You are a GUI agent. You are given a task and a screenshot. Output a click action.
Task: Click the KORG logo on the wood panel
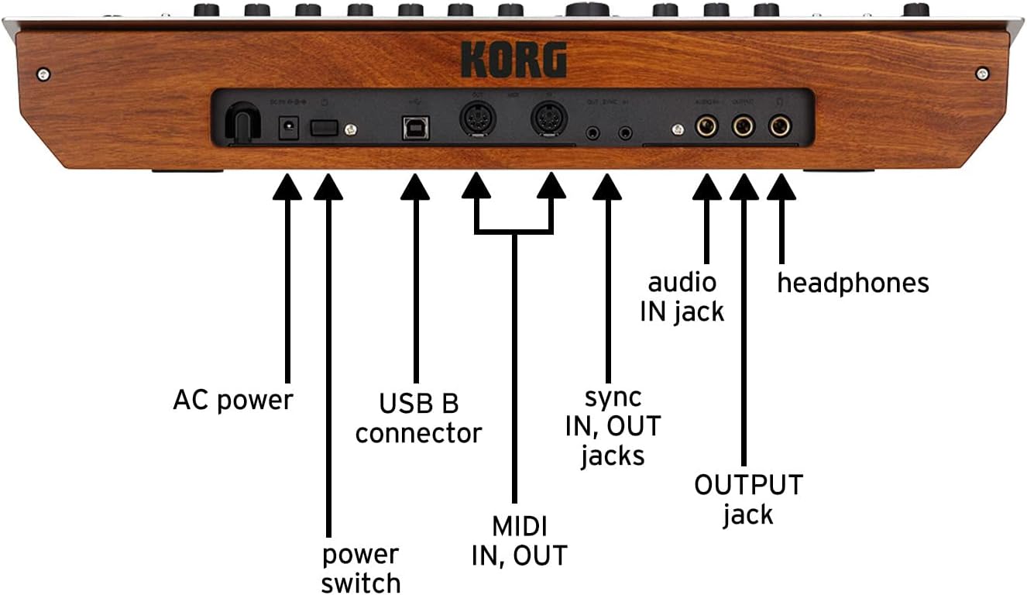pyautogui.click(x=513, y=60)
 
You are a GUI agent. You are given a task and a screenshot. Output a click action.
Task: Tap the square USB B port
pyautogui.click(x=415, y=128)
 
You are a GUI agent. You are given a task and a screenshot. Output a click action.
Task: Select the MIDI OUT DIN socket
pyautogui.click(x=476, y=121)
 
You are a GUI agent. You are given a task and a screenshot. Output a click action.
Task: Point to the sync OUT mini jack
pyautogui.click(x=593, y=132)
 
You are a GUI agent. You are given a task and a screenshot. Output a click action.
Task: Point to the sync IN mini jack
pyautogui.click(x=624, y=132)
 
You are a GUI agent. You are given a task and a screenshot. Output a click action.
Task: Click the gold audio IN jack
pyautogui.click(x=706, y=126)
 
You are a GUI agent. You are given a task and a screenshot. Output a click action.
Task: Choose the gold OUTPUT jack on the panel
pyautogui.click(x=744, y=126)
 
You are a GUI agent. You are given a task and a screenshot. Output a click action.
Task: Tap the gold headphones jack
pyautogui.click(x=780, y=126)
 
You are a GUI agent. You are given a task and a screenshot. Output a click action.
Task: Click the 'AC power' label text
pyautogui.click(x=233, y=401)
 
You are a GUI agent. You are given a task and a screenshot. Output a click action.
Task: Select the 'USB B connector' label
pyautogui.click(x=418, y=418)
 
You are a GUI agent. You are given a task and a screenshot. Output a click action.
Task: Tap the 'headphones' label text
pyautogui.click(x=853, y=283)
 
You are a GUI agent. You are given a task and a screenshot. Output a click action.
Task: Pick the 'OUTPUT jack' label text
pyautogui.click(x=748, y=500)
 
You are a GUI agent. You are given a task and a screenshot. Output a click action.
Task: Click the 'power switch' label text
pyautogui.click(x=361, y=568)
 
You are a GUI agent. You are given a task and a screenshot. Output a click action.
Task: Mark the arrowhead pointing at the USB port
pyautogui.click(x=415, y=187)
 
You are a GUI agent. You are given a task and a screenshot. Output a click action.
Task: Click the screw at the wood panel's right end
pyautogui.click(x=982, y=74)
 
